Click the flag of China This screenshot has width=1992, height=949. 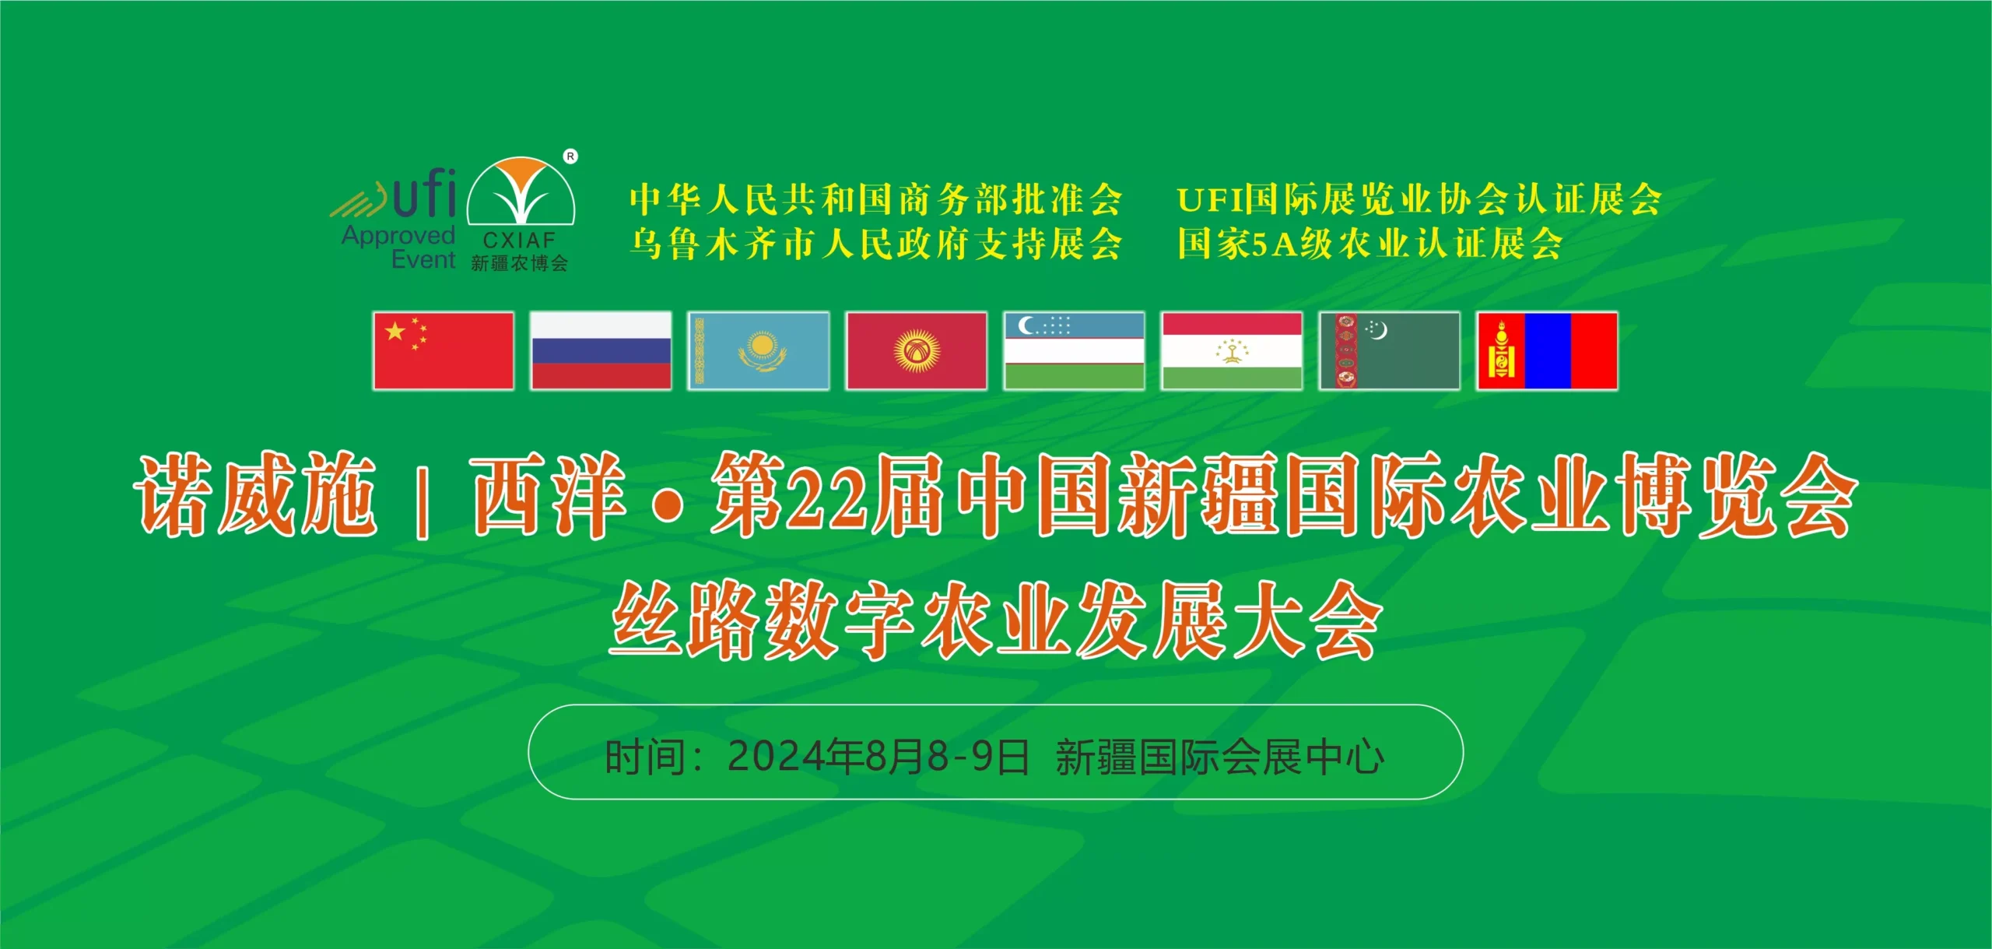tap(444, 350)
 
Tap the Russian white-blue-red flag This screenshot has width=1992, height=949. tap(601, 350)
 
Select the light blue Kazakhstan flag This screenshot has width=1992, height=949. tap(759, 350)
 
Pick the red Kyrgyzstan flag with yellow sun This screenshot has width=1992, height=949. tap(917, 350)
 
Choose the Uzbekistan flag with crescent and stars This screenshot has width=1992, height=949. tap(1075, 350)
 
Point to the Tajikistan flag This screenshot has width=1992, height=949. tap(1232, 350)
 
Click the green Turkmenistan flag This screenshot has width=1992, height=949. tap(1390, 350)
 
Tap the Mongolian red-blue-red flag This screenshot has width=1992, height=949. tap(1548, 350)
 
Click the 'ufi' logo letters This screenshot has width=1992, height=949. tap(424, 192)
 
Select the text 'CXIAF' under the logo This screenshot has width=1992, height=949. tap(519, 240)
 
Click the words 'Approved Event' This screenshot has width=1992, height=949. tap(398, 247)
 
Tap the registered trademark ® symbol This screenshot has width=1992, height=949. tap(570, 156)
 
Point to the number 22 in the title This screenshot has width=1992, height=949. tap(826, 499)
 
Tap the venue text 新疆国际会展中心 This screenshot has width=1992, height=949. tap(1219, 757)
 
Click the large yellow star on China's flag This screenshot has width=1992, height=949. tap(395, 332)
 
